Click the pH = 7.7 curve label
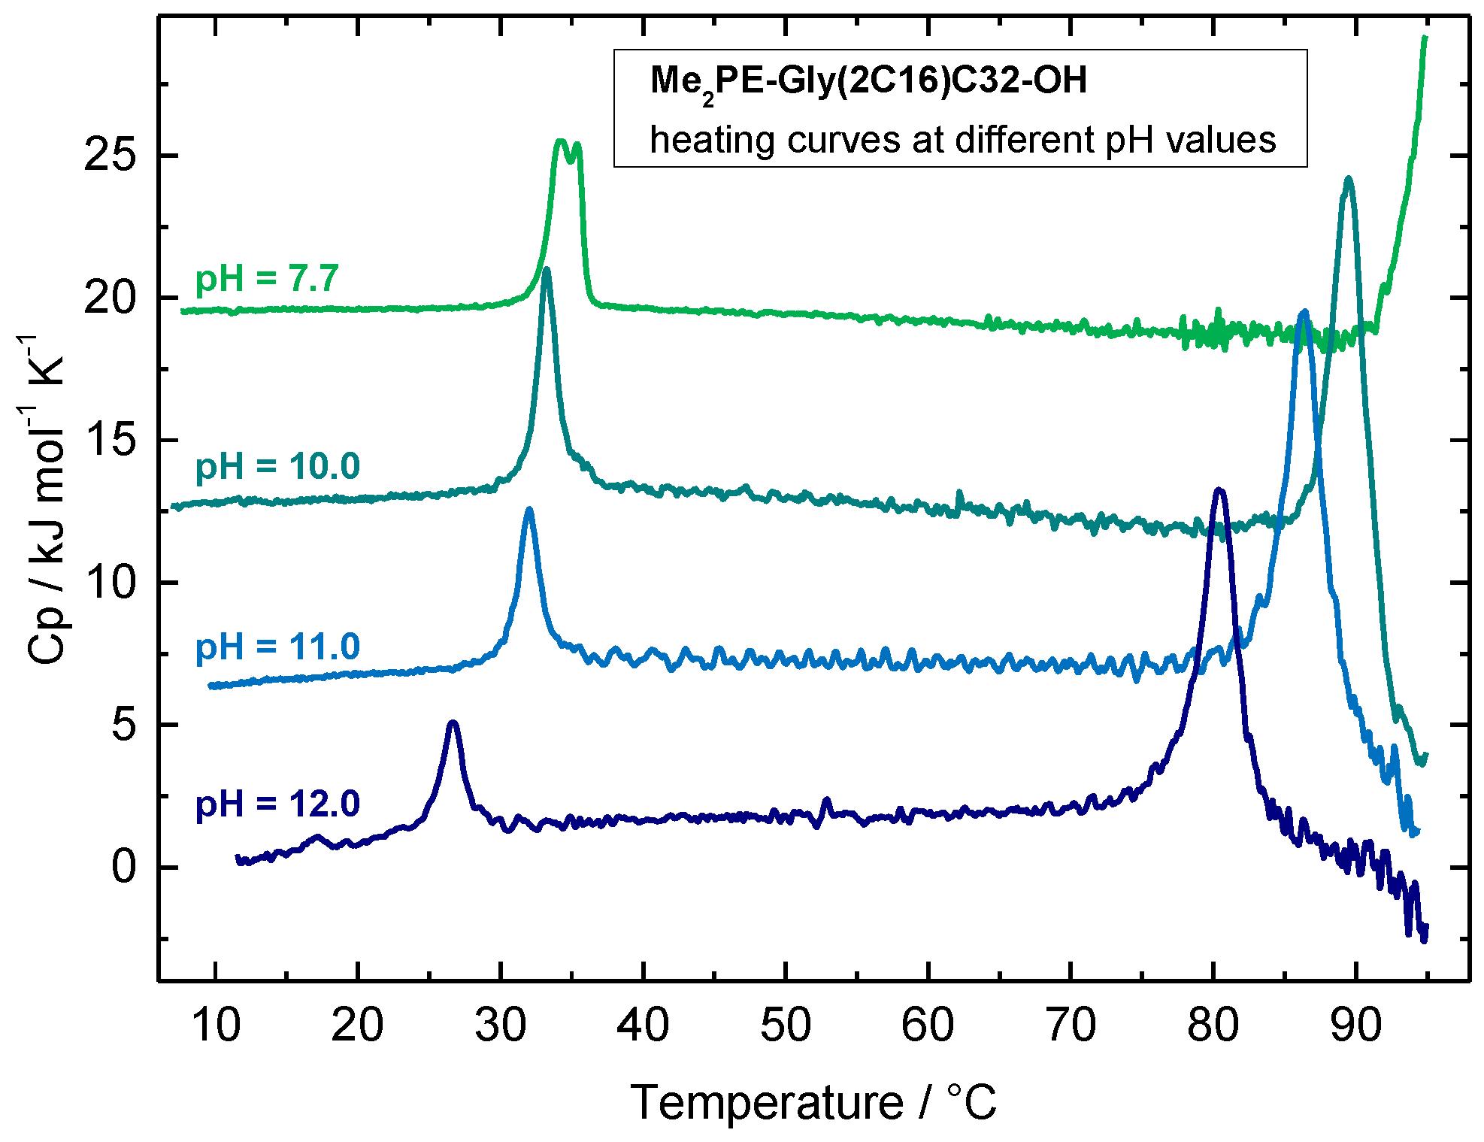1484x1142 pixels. pos(267,279)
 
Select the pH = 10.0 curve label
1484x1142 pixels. pos(277,467)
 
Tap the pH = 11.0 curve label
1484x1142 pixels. pos(277,647)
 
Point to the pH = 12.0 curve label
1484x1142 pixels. pos(277,804)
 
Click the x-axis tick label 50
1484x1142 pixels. pos(785,1025)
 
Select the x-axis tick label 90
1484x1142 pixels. pos(1355,1025)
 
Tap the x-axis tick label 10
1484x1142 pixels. pos(216,1025)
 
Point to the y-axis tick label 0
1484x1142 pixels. pos(124,868)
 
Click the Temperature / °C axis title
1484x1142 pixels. pos(813,1103)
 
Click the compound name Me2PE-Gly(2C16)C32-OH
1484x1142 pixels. pos(868,80)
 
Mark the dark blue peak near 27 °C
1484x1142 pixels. pos(453,723)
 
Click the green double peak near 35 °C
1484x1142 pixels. pos(568,144)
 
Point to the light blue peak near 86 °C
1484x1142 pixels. pos(1304,312)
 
